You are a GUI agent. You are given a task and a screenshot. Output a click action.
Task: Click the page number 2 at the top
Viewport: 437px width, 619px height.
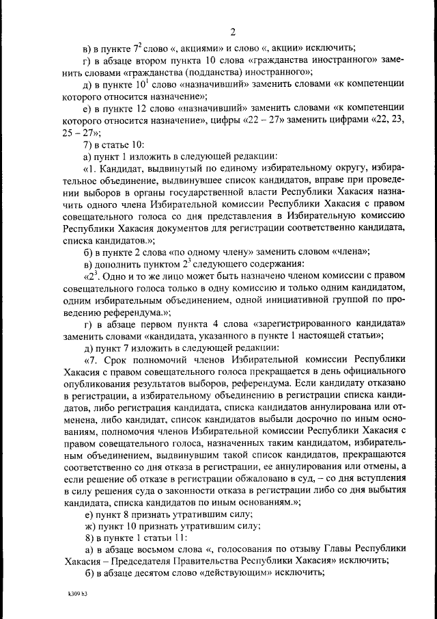(x=233, y=31)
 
